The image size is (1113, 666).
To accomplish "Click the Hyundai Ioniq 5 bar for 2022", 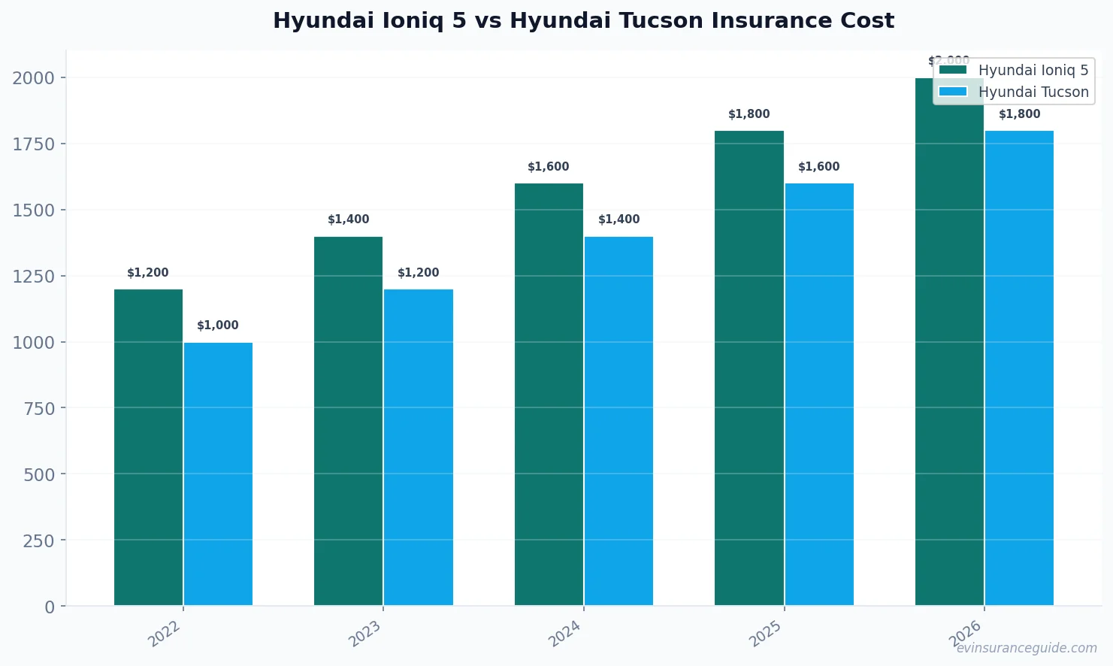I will coord(148,447).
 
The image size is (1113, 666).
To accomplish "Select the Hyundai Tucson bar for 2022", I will coord(218,474).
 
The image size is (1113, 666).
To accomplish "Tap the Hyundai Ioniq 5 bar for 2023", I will coord(348,421).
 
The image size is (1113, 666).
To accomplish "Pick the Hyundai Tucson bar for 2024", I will coord(619,421).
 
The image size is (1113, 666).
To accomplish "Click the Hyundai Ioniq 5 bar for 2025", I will coord(749,368).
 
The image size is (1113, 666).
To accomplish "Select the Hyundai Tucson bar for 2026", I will coord(1019,368).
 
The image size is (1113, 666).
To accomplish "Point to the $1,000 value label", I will coord(218,325).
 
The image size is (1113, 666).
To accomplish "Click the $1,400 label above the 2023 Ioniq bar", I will coord(348,219).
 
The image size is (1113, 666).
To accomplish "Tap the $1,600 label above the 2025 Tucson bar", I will coord(818,167).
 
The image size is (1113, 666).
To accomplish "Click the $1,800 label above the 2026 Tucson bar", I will coord(1019,114).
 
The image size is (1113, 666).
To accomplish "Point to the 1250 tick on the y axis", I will coord(33,277).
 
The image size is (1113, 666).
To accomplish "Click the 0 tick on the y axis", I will coord(50,607).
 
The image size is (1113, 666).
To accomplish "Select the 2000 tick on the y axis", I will coord(33,78).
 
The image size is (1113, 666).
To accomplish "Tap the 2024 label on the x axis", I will coord(565,633).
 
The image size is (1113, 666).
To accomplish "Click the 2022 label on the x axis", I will coord(165,633).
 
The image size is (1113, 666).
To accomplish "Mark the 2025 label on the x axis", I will coord(766,633).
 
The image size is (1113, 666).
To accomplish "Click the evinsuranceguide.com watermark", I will coord(1026,648).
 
